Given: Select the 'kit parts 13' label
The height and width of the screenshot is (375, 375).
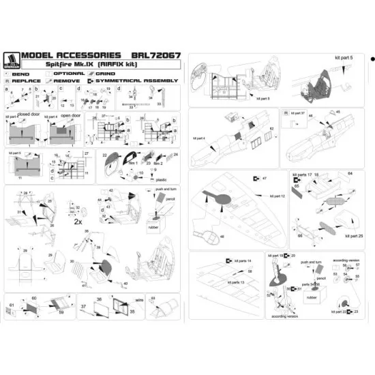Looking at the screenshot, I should tap(232, 282).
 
